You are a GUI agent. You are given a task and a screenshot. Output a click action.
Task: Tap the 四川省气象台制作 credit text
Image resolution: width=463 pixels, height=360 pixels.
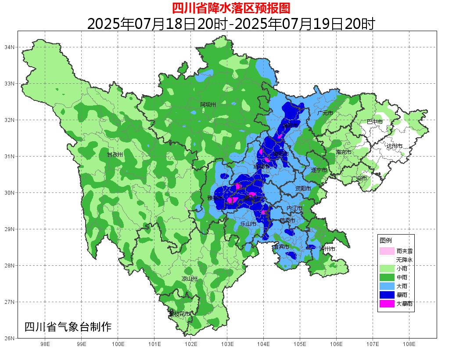(x=68, y=327)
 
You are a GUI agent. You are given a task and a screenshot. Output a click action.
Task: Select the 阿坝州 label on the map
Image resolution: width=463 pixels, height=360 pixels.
(x=208, y=105)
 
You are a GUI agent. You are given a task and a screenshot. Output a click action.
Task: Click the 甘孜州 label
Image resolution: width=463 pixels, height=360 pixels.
(x=115, y=155)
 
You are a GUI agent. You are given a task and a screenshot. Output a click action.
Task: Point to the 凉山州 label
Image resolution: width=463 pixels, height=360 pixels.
(x=190, y=279)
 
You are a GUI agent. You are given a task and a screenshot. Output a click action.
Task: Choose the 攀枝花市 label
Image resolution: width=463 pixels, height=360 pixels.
(x=179, y=314)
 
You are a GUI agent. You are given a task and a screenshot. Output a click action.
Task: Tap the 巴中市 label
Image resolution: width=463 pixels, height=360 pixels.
(x=374, y=122)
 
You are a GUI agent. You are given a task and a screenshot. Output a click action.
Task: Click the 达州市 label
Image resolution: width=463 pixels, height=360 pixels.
(x=394, y=146)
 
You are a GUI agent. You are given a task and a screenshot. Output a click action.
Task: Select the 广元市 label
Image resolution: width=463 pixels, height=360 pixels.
(x=325, y=113)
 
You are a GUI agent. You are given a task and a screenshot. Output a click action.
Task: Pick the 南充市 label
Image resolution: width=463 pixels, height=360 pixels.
(x=343, y=152)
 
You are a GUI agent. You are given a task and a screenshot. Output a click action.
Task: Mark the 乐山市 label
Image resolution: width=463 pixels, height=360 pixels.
(x=248, y=224)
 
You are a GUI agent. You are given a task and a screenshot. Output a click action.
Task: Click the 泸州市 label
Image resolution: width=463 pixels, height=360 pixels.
(x=327, y=249)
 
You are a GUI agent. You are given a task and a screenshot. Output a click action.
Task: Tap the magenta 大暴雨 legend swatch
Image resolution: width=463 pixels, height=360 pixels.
(x=387, y=303)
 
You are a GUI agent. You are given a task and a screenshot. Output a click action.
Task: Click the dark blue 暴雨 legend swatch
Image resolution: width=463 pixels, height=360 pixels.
(x=387, y=295)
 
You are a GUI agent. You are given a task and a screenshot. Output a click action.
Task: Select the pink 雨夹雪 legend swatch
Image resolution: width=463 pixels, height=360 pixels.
(x=387, y=251)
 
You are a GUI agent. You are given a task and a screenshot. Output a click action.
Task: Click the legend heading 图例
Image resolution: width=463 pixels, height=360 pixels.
(x=386, y=241)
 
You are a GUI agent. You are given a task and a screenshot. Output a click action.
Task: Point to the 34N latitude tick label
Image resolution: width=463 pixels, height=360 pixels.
(x=10, y=47)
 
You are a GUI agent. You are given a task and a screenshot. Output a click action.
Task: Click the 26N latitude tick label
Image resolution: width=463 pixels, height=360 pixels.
(x=10, y=338)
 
